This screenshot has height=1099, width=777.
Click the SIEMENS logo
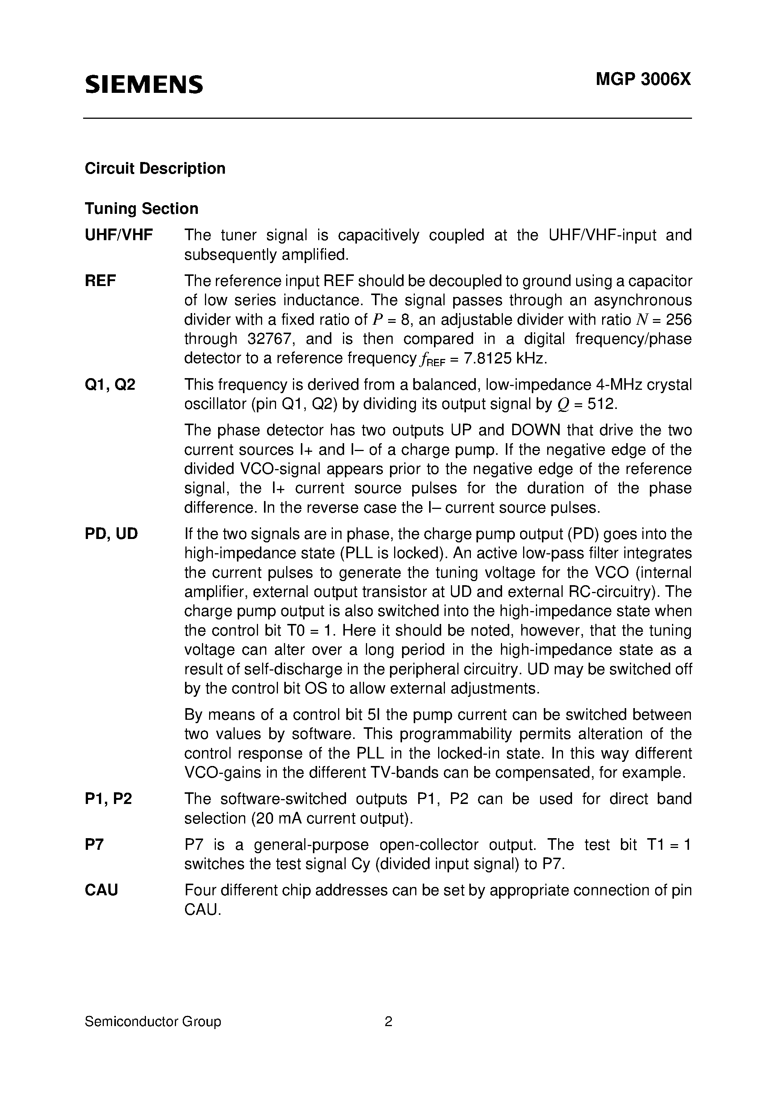click(144, 84)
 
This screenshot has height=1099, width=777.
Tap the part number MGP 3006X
click(643, 79)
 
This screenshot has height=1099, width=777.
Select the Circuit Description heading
click(155, 168)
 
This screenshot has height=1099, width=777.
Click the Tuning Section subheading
click(141, 209)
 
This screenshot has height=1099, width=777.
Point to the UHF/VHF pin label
click(119, 235)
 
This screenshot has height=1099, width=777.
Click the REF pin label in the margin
click(100, 281)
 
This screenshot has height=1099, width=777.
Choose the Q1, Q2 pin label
click(110, 384)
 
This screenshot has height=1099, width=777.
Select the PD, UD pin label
click(111, 534)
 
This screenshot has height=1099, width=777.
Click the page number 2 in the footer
click(388, 1022)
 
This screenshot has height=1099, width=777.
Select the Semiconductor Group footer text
click(153, 1022)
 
